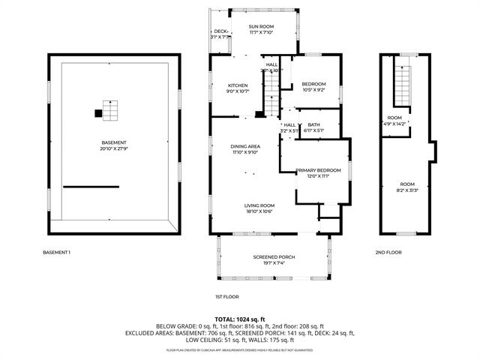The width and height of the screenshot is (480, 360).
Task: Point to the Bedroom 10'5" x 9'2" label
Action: (313, 86)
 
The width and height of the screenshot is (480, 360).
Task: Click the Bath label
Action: (313, 127)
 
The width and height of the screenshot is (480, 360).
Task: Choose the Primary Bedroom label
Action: (313, 173)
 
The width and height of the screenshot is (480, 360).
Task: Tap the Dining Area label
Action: (245, 148)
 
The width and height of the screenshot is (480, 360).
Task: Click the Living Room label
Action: (259, 208)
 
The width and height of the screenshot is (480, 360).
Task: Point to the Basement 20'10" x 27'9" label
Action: (114, 145)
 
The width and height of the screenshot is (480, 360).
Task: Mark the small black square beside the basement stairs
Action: (97, 113)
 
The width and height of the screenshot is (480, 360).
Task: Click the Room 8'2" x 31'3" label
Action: (406, 187)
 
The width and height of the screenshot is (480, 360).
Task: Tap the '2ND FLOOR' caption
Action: (388, 252)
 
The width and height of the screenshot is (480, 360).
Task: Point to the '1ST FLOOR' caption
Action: (226, 297)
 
